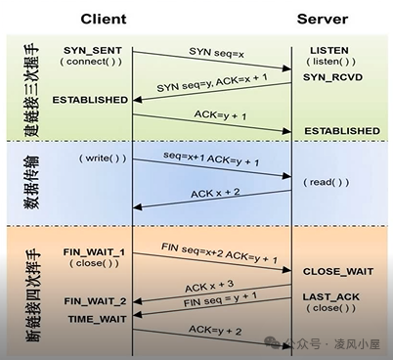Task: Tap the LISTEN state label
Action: pos(328,49)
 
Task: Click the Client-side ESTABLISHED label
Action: pos(90,100)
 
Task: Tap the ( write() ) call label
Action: pos(101,158)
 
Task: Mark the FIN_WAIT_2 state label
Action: pos(94,300)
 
